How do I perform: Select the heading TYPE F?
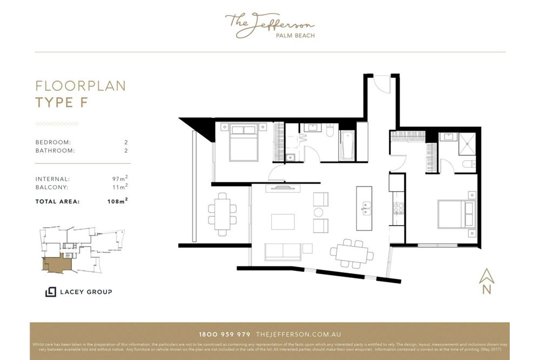pos(61,103)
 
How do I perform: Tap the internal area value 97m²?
pos(119,179)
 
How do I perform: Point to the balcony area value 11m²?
pos(120,187)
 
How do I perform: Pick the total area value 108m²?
pos(117,201)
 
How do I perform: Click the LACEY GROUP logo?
pos(79,292)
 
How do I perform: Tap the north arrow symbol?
pos(487,277)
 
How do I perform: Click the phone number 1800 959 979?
pos(225,335)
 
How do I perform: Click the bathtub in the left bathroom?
pos(346,146)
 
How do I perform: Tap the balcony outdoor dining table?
pos(222,213)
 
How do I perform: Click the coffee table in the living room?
pos(282,222)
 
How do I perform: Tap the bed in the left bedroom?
pos(244,143)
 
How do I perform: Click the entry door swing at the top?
pos(381,84)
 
